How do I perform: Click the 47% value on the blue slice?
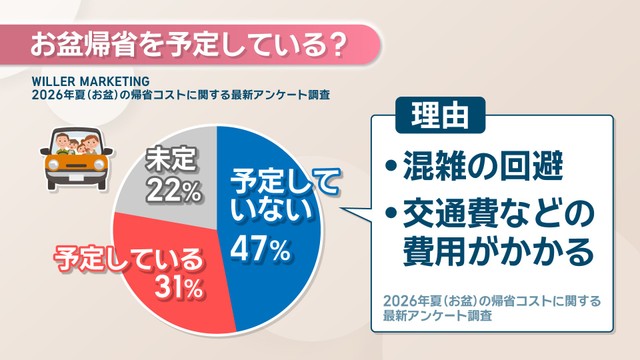coord(260,249)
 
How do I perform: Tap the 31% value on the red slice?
coord(179,287)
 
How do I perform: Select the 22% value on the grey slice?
coord(174,191)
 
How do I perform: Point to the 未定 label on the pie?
coord(171,158)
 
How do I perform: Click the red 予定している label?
coord(128,259)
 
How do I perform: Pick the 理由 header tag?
coord(440,116)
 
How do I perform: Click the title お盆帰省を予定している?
coord(188,44)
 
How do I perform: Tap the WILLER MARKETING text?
coord(91,82)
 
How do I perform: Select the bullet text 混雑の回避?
coord(483,166)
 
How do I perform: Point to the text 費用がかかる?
coord(498,251)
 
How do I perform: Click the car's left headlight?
coord(52,164)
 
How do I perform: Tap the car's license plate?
coord(76,178)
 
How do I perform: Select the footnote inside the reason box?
coord(492,308)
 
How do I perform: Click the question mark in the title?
coord(336,44)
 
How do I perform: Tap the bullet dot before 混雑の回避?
coord(391,166)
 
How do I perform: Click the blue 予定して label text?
coord(284,183)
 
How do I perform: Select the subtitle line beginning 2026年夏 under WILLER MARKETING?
coord(181,96)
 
